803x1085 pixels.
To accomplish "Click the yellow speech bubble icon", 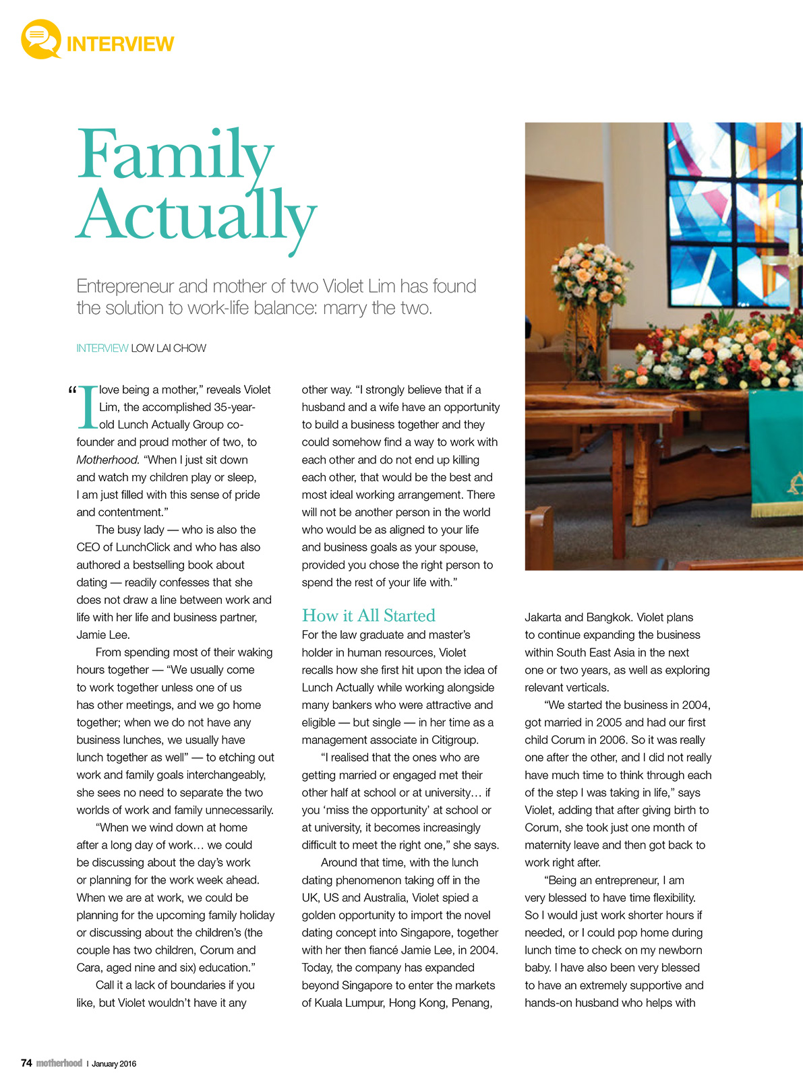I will tap(40, 40).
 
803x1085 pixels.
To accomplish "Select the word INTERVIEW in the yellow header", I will tap(120, 44).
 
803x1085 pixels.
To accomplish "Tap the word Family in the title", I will tap(175, 154).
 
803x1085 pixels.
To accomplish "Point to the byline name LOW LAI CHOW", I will tap(169, 348).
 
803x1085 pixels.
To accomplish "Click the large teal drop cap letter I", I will tap(88, 407).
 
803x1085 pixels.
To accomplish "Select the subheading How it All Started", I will tap(368, 615).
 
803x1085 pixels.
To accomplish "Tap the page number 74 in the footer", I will tap(26, 1063).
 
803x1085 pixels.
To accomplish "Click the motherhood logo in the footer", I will tap(59, 1063).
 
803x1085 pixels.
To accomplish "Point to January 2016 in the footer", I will tap(114, 1063).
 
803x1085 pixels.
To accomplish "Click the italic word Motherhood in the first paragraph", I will tap(107, 460).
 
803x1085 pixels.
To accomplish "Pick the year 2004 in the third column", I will tap(695, 705).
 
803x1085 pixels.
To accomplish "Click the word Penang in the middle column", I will tap(472, 1003).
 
